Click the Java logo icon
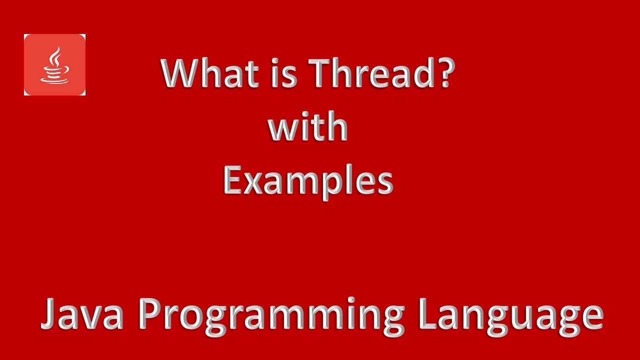click(x=54, y=64)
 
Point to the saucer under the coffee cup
click(x=54, y=78)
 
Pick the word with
click(x=307, y=127)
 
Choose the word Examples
click(x=308, y=181)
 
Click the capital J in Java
click(x=48, y=314)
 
